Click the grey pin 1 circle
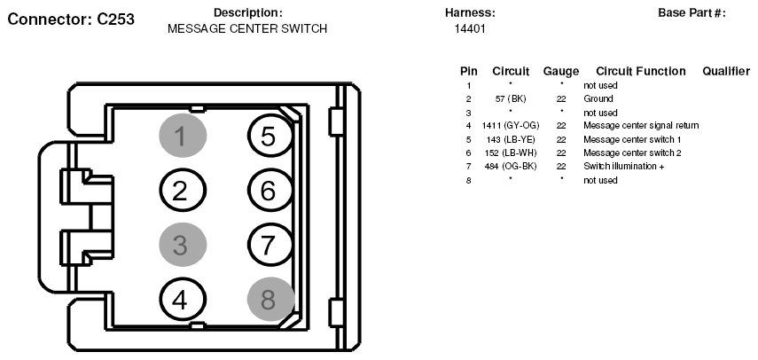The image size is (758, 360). coord(183,136)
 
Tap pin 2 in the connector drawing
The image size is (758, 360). coord(183,191)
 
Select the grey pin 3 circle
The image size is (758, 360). coord(183,245)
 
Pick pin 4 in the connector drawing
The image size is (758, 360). coord(183,300)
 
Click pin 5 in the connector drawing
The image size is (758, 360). coord(270,136)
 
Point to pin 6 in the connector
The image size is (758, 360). coord(270,191)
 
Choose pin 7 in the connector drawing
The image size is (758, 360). coord(270,245)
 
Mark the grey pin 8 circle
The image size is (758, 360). coord(270,300)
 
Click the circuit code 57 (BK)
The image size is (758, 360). coord(511,99)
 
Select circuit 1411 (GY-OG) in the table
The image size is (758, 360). coord(511,126)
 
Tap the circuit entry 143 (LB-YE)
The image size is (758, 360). coord(511,139)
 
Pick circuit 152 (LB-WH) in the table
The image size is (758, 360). coord(511,153)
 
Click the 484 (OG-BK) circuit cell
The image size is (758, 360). coord(511,166)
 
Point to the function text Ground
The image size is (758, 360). coord(598,98)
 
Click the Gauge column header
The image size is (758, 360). coord(561,72)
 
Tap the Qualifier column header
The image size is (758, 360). coord(726,72)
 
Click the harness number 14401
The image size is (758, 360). coord(470,29)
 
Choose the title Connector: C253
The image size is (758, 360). coord(71,20)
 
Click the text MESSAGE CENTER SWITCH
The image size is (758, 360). coord(247,29)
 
